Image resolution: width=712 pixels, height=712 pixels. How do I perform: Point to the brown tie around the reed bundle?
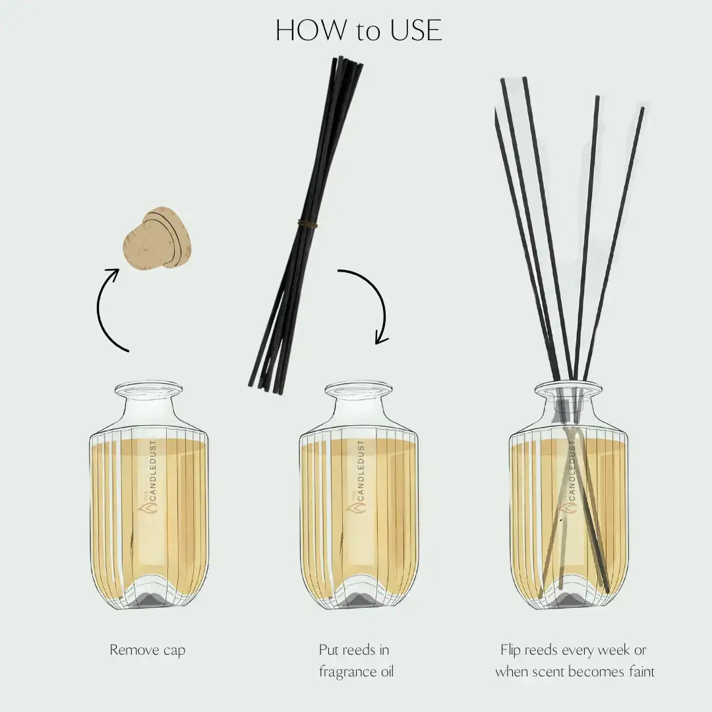point(307,224)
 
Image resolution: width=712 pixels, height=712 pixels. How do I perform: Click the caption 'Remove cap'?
point(148,650)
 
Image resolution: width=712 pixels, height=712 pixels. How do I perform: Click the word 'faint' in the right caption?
point(638,672)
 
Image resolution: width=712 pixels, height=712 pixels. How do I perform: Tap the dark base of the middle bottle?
point(359,597)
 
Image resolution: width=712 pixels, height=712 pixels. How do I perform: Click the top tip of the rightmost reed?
point(642,109)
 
